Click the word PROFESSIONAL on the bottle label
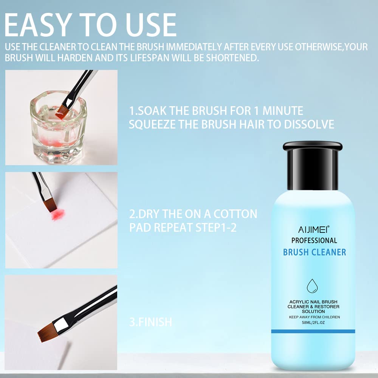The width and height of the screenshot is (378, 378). pos(314,240)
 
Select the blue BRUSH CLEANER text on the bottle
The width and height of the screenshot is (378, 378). pos(314,252)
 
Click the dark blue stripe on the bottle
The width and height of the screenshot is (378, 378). pos(313,331)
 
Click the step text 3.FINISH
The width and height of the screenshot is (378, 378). pos(150,322)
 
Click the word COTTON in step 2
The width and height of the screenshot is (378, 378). pos(235,214)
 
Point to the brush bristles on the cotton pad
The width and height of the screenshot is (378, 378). pos(50,205)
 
